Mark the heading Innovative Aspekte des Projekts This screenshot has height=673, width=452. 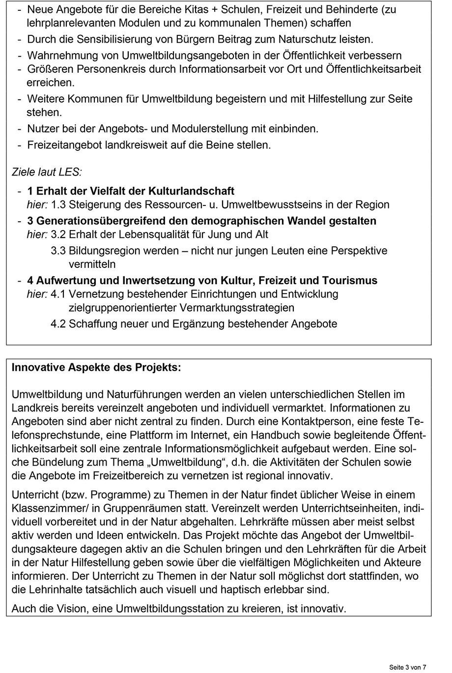pos(96,368)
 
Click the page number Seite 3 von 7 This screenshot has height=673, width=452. pos(408,667)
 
